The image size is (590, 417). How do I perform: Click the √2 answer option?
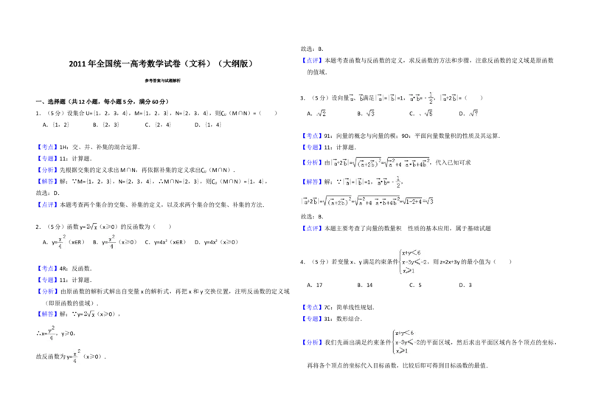point(321,113)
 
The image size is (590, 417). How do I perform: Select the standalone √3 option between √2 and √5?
point(371,113)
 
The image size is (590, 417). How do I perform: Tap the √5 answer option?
point(428,113)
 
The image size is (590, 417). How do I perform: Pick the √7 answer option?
point(474,113)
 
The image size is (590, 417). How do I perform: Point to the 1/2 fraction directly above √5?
point(431,97)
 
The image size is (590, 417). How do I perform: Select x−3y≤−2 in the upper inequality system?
point(414,262)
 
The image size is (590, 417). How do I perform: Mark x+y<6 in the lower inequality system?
point(408,332)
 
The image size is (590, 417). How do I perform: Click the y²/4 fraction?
point(51,334)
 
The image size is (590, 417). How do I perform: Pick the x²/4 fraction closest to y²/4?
point(76,355)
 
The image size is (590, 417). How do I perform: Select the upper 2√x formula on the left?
point(91,225)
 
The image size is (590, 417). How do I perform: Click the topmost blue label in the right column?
point(312,60)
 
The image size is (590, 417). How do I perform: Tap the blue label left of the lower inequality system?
point(312,342)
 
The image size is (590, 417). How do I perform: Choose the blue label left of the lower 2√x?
point(47,313)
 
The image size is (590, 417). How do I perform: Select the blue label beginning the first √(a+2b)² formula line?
point(312,163)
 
